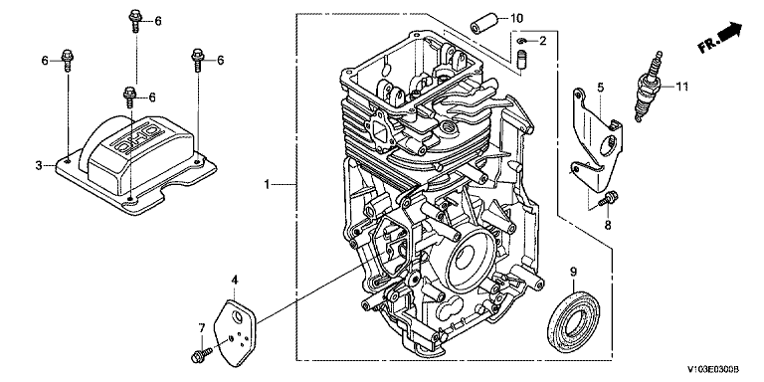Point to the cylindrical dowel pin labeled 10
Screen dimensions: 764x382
pyautogui.click(x=482, y=24)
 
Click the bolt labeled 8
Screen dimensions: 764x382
pyautogui.click(x=609, y=199)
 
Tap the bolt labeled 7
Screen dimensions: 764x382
pyautogui.click(x=202, y=355)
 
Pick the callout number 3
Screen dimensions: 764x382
pyautogui.click(x=39, y=166)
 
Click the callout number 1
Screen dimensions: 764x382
pyautogui.click(x=267, y=184)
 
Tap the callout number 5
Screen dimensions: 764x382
pyautogui.click(x=600, y=88)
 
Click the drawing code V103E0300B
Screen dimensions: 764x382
pyautogui.click(x=713, y=370)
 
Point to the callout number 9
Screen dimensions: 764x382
pyautogui.click(x=573, y=271)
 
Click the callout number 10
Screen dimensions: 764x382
pyautogui.click(x=516, y=19)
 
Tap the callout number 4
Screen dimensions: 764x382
pyautogui.click(x=235, y=280)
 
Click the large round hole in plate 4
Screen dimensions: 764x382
pyautogui.click(x=238, y=316)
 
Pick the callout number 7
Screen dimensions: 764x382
pyautogui.click(x=202, y=328)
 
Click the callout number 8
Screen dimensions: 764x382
pyautogui.click(x=608, y=225)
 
